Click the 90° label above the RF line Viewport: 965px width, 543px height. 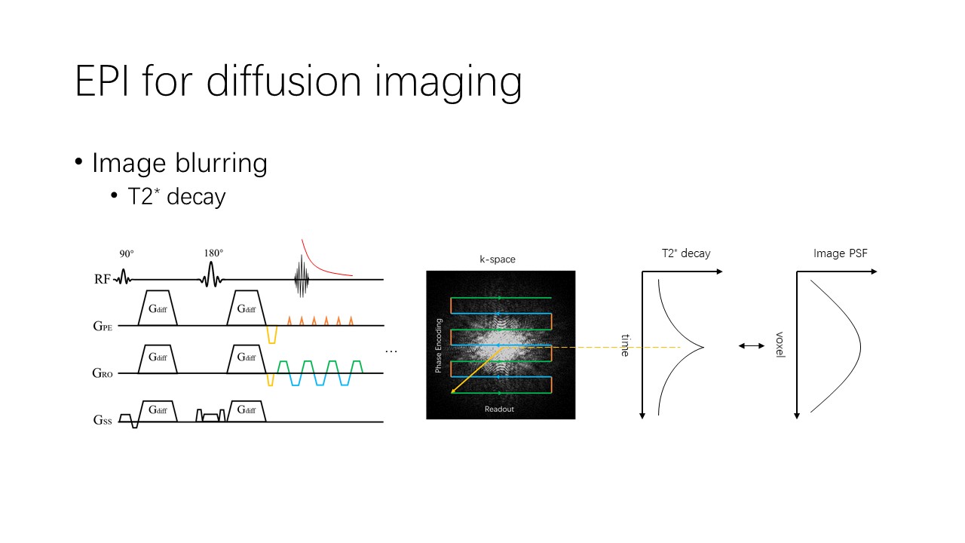(x=127, y=254)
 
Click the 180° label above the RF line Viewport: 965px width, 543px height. (x=213, y=253)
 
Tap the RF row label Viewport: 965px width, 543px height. (x=103, y=279)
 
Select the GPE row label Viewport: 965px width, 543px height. (x=103, y=327)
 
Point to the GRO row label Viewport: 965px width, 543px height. (x=103, y=373)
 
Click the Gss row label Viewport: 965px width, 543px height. (x=103, y=420)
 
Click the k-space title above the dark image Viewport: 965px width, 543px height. (x=498, y=259)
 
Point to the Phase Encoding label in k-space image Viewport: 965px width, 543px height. (x=439, y=345)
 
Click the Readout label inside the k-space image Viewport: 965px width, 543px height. (x=499, y=409)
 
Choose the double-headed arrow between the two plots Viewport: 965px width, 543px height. (x=752, y=345)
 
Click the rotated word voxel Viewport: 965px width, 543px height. (x=780, y=345)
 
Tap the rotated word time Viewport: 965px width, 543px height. (x=626, y=345)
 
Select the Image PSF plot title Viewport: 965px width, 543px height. (x=841, y=253)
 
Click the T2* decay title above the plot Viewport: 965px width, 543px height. (x=686, y=253)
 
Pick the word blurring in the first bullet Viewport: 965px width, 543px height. (x=222, y=164)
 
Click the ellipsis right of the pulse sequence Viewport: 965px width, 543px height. (x=391, y=352)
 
